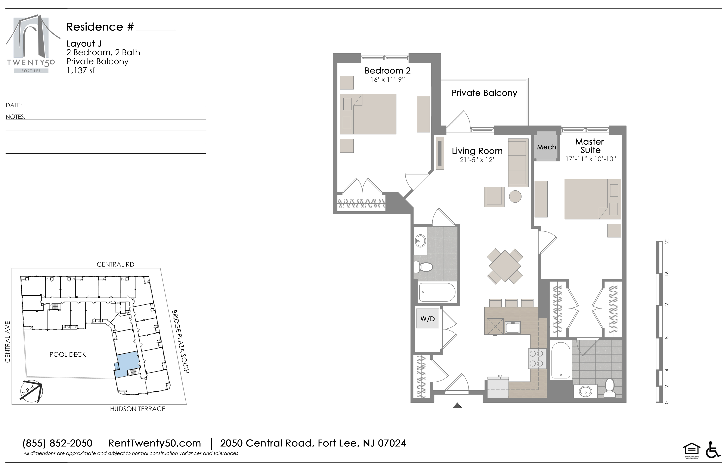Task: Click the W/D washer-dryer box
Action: pyautogui.click(x=427, y=319)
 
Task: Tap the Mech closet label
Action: pyautogui.click(x=547, y=147)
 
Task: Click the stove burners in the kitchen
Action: pyautogui.click(x=536, y=358)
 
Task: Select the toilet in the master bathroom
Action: pyautogui.click(x=610, y=388)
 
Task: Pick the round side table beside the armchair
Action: pyautogui.click(x=515, y=196)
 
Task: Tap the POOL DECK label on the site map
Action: pyautogui.click(x=68, y=355)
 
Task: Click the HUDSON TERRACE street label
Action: pyautogui.click(x=137, y=409)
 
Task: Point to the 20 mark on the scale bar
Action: pyautogui.click(x=667, y=241)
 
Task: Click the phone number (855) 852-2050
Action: pyautogui.click(x=58, y=443)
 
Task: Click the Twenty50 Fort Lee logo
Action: pyautogui.click(x=31, y=44)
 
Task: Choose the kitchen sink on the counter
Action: pyautogui.click(x=512, y=328)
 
